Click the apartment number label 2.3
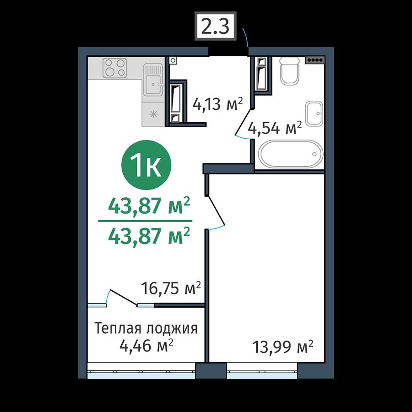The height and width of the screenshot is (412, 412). [x=216, y=26]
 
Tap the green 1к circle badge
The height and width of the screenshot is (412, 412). [x=146, y=165]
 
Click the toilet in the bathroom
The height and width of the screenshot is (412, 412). [x=290, y=70]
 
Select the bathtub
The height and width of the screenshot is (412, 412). [x=291, y=154]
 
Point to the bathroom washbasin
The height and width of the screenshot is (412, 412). [x=314, y=113]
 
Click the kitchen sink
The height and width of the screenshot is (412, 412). [x=153, y=80]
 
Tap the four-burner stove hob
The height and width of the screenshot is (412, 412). [x=114, y=68]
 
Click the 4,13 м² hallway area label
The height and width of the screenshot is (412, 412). [x=217, y=104]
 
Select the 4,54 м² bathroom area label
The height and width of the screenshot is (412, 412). [x=275, y=128]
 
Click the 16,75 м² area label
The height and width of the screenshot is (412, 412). [x=171, y=288]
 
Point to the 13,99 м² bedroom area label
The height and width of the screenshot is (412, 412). [x=283, y=347]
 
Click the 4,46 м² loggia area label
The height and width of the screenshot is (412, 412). [x=146, y=345]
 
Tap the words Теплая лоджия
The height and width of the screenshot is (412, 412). [x=146, y=328]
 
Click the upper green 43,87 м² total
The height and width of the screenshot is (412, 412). [x=149, y=206]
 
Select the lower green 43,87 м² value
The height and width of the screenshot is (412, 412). [x=149, y=236]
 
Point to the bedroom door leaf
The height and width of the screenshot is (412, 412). [x=216, y=211]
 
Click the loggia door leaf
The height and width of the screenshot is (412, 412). [x=124, y=298]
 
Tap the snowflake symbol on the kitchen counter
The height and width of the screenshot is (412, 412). [x=153, y=114]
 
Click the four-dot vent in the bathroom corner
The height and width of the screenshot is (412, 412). [x=315, y=60]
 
